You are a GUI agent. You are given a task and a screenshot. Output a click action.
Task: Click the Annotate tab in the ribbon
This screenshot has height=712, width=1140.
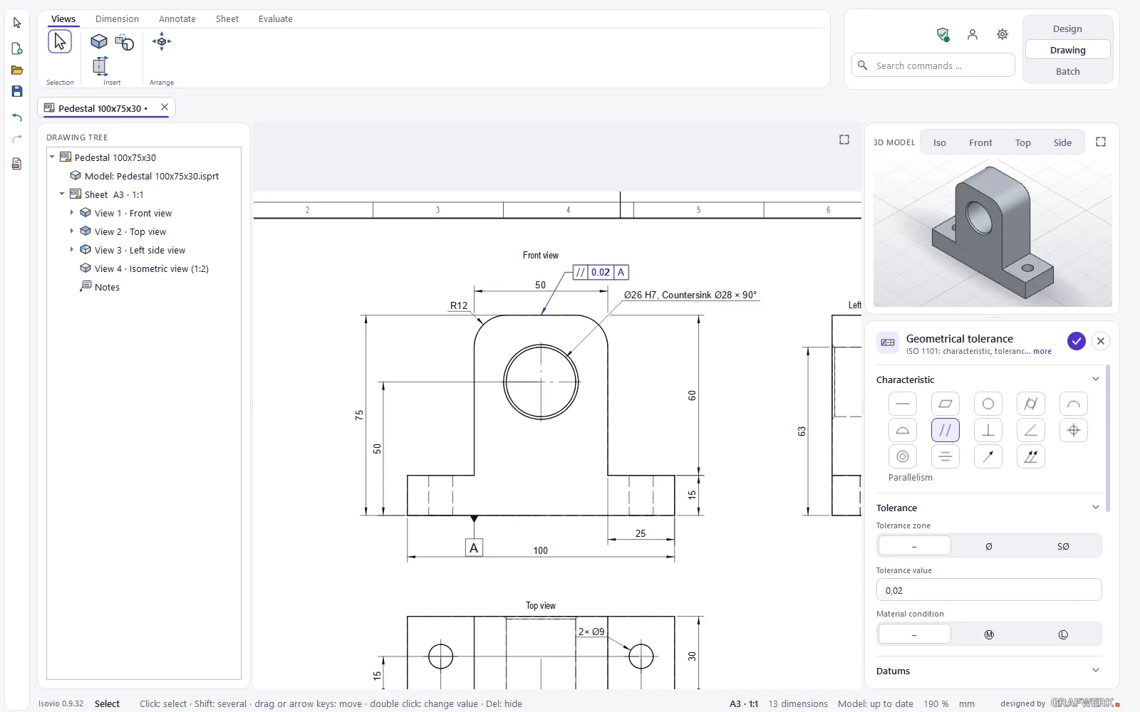click(x=177, y=19)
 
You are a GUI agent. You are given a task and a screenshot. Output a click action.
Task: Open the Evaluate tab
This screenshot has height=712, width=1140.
click(x=275, y=19)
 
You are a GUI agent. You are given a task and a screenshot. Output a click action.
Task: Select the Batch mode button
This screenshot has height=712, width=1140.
click(x=1067, y=71)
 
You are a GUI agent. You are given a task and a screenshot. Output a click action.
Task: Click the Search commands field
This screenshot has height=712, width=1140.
click(x=933, y=66)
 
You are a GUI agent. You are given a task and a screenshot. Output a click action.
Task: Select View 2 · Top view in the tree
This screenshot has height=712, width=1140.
click(x=130, y=231)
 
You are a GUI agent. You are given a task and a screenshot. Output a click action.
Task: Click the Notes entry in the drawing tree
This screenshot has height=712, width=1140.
click(x=107, y=287)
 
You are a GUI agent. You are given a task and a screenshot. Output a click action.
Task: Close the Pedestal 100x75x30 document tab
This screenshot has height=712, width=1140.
click(x=165, y=107)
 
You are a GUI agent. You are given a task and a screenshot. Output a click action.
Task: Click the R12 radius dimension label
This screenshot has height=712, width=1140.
click(x=459, y=305)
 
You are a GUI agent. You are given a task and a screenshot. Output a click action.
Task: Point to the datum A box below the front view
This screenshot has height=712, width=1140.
click(x=474, y=548)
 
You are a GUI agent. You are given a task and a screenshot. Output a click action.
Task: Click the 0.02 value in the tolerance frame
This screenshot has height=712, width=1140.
click(x=601, y=272)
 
